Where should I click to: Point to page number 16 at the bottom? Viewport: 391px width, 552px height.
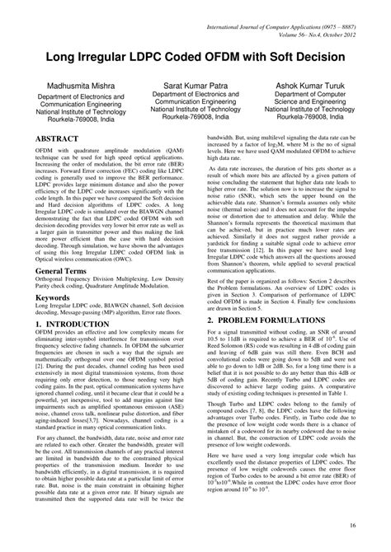click(x=375, y=525)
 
